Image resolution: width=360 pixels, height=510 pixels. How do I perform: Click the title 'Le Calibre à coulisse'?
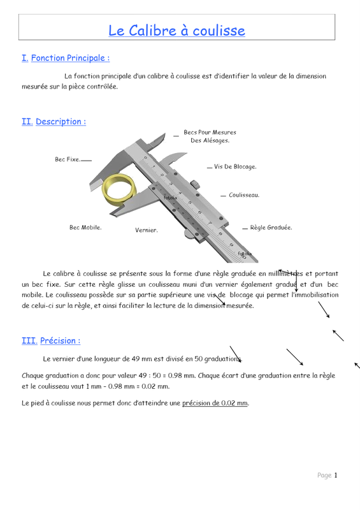point(176,31)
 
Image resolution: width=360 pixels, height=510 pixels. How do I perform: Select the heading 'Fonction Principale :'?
point(70,58)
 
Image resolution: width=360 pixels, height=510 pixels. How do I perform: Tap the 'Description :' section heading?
point(61,122)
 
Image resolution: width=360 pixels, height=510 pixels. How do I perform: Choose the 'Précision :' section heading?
point(60,340)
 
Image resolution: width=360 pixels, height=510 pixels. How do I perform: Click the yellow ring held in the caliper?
point(119,189)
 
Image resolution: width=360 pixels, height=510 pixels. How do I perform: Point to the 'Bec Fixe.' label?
point(68,159)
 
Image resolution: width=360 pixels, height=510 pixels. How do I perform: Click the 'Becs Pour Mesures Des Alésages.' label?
point(210,136)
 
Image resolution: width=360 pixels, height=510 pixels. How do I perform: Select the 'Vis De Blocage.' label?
point(235,166)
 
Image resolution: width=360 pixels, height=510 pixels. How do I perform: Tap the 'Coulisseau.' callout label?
point(244,195)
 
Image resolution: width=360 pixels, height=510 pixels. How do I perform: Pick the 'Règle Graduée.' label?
point(271,228)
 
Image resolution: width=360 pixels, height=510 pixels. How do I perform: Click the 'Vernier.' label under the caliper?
point(147,230)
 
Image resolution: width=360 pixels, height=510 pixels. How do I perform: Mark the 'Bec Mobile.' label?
point(85,228)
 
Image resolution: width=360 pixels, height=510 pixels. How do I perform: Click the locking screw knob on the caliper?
point(195,184)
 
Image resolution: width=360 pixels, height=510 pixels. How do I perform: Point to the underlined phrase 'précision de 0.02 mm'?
point(215,403)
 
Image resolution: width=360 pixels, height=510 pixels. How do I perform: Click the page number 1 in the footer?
point(336,475)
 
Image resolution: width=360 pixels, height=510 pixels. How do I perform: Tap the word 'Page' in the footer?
point(324,476)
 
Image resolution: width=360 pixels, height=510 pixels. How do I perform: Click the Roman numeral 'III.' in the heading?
point(29,340)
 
